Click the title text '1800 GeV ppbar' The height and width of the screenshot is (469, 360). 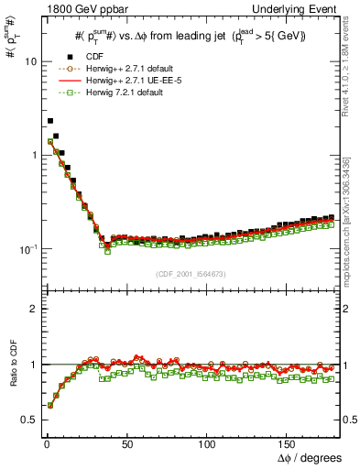(x=81, y=8)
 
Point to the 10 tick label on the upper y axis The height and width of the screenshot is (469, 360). (x=30, y=61)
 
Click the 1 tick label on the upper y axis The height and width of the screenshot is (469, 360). (x=33, y=155)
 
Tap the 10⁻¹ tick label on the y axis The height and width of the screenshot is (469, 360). (x=27, y=248)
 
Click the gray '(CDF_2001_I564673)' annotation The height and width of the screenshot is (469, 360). (x=190, y=273)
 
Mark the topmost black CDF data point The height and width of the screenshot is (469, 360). (x=50, y=121)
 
